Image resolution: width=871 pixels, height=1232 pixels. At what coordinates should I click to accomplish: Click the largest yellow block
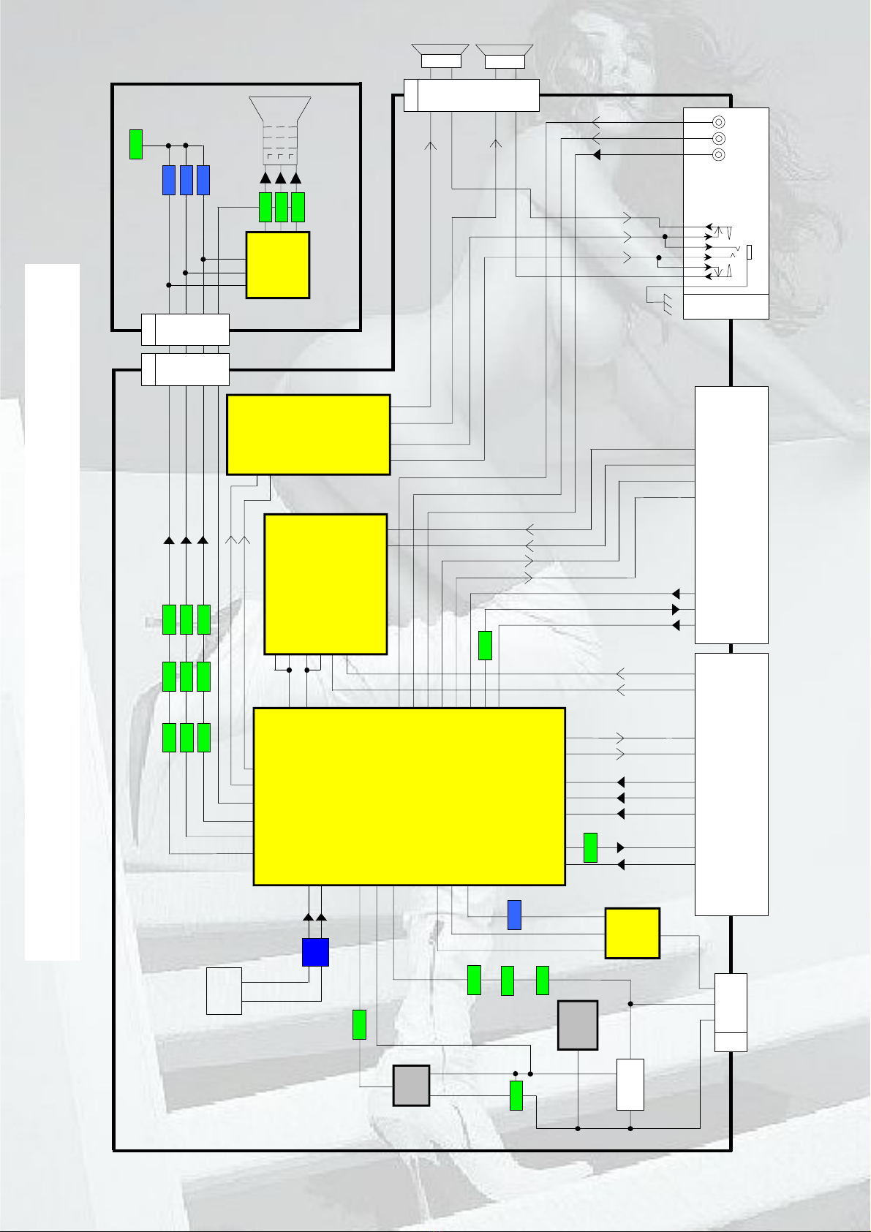[409, 796]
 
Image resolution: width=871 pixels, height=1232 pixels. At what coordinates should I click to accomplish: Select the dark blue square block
[315, 952]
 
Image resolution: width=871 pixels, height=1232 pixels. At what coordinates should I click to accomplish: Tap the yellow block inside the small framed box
[278, 265]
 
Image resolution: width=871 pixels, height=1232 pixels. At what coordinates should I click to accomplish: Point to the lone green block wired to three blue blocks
[135, 144]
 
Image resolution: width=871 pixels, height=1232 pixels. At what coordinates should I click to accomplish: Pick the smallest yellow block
[633, 933]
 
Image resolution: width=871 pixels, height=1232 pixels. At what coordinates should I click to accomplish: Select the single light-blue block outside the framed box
[514, 915]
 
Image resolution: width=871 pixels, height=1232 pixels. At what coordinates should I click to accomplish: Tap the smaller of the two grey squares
[411, 1085]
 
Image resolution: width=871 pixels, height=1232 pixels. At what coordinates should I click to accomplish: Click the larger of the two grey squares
[578, 1025]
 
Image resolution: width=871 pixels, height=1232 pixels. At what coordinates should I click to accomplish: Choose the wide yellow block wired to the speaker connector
[308, 434]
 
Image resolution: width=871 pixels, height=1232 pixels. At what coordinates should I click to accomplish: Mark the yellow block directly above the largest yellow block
[325, 583]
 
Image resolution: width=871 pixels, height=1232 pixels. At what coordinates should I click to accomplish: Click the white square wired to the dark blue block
[224, 991]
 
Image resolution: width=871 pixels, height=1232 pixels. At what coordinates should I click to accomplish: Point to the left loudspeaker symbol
[440, 56]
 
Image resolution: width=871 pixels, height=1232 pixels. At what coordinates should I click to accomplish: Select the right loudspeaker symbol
[505, 56]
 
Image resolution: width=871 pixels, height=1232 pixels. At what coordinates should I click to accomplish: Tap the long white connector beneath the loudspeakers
[472, 95]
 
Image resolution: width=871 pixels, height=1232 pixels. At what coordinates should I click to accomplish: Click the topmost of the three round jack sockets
[720, 123]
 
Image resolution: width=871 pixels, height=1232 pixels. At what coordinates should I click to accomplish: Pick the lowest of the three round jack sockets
[720, 155]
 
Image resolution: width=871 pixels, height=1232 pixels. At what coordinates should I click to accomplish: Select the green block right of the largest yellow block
[590, 847]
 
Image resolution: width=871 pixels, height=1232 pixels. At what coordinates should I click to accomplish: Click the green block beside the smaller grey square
[516, 1095]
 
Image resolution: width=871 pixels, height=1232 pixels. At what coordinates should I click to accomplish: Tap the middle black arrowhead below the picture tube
[280, 178]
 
